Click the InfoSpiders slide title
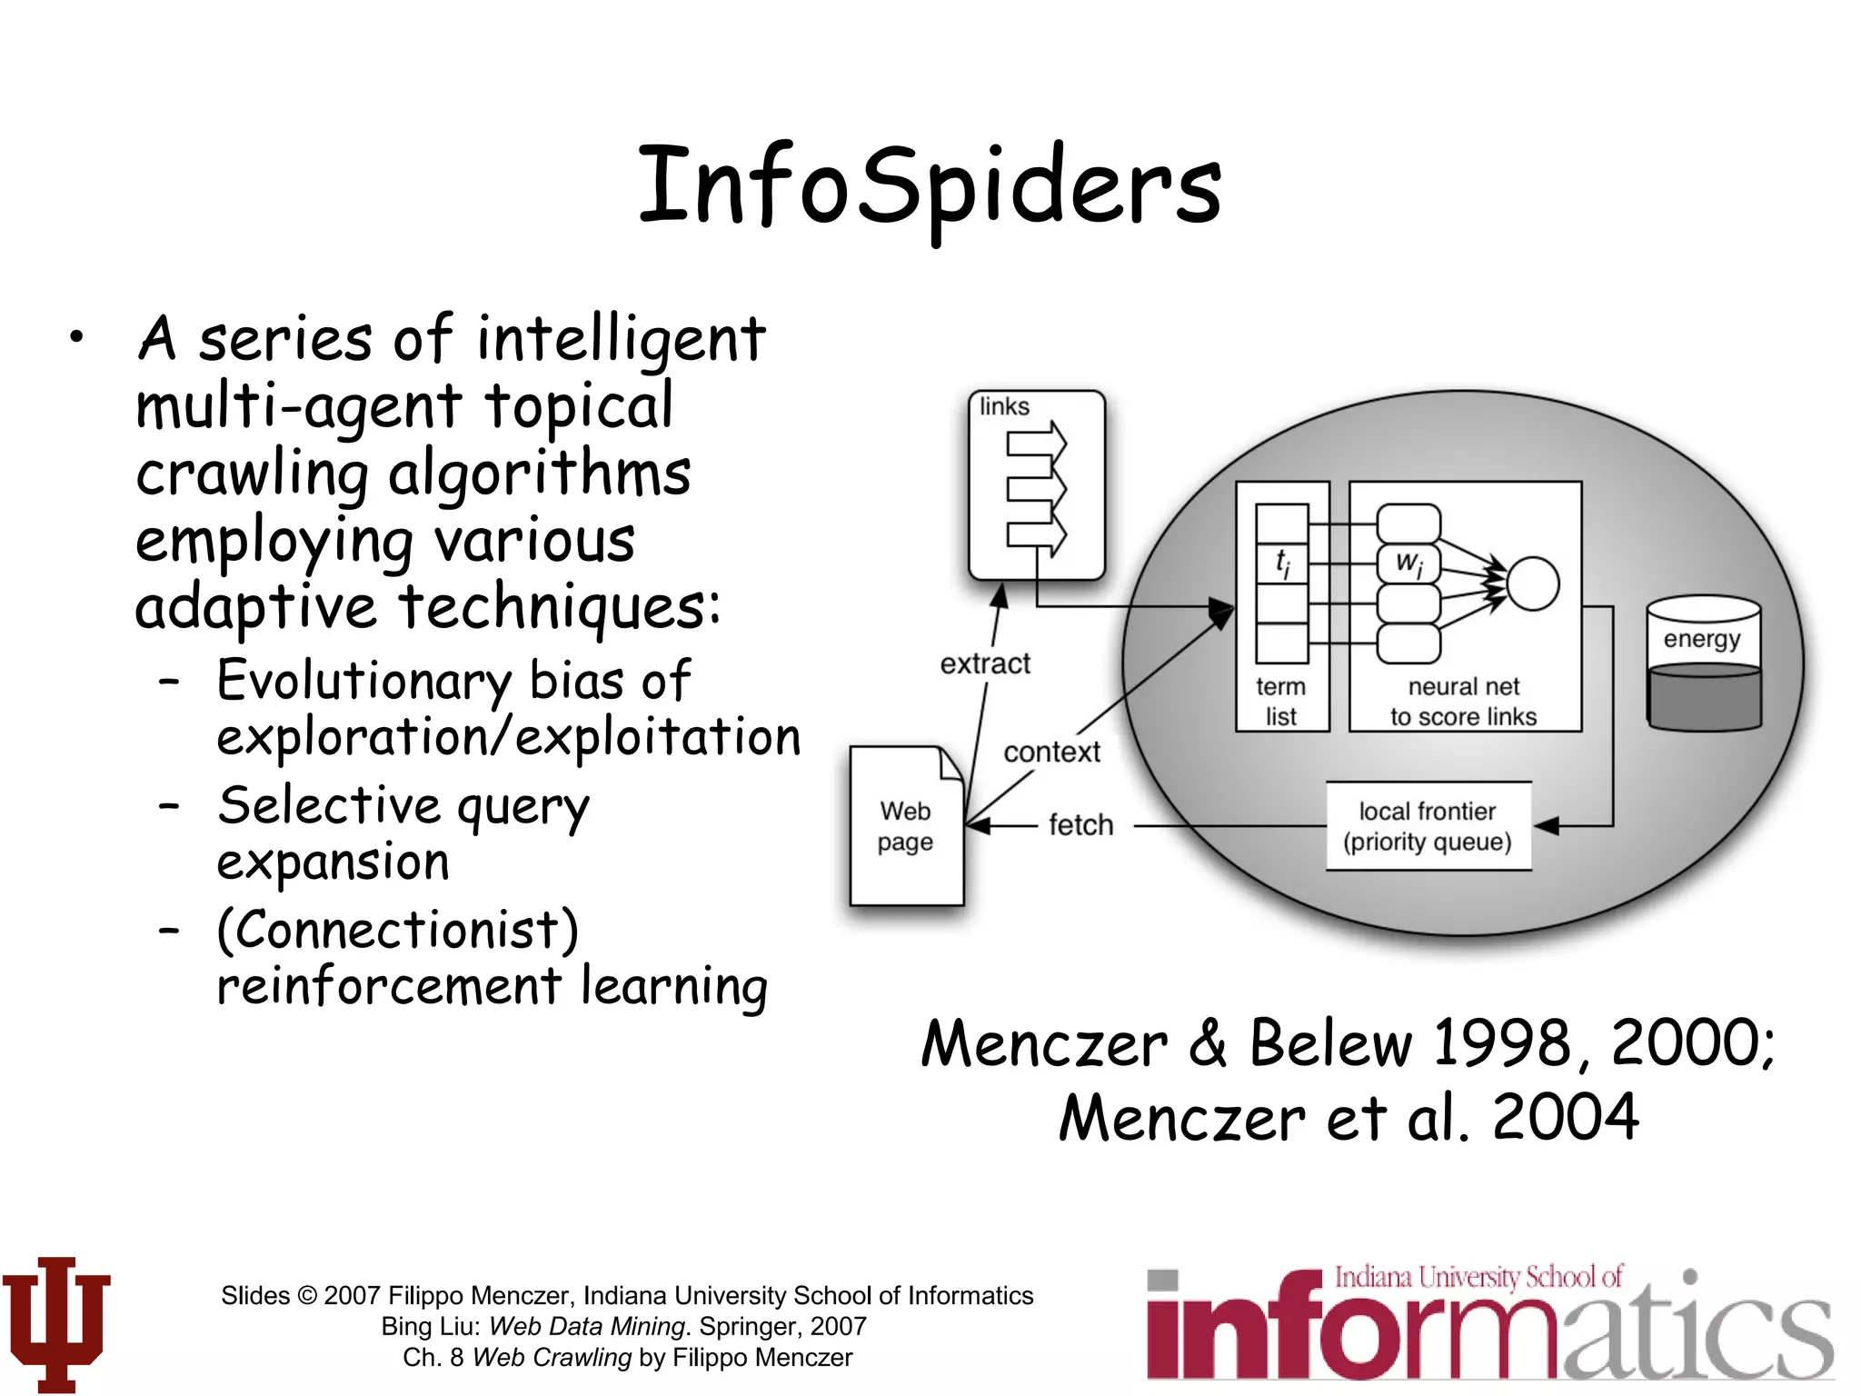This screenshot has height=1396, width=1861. point(930,187)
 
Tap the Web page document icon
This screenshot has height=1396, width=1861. point(906,826)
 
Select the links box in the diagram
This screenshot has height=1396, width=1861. point(1037,485)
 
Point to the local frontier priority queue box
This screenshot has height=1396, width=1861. point(1428,826)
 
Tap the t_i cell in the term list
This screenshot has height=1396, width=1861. point(1282,564)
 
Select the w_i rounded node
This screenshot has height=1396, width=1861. point(1408,563)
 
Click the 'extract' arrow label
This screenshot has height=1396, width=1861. point(985,664)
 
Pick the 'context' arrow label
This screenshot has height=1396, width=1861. point(1051,753)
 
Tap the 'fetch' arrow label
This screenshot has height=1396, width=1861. point(1080,825)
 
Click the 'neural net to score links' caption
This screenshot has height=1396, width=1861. point(1463,702)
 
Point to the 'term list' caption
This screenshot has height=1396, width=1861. point(1281,702)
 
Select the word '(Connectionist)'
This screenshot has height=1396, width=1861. point(398,930)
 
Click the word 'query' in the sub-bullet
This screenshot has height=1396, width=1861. point(522,807)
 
